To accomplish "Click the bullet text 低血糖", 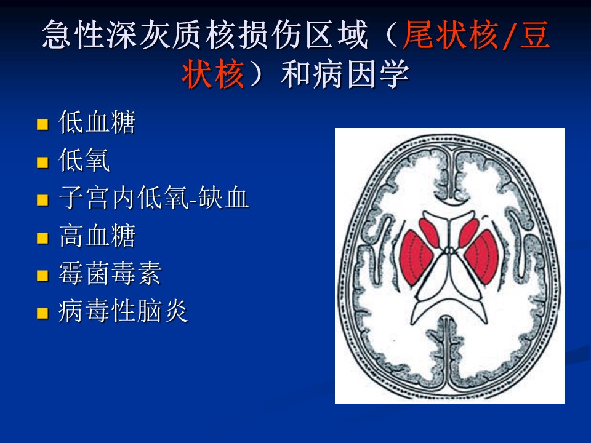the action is [x=97, y=122].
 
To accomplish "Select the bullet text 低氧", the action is [x=84, y=160].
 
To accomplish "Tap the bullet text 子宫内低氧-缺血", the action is [x=154, y=198].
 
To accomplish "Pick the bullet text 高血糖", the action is [x=97, y=236].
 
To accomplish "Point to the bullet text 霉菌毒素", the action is [x=110, y=273].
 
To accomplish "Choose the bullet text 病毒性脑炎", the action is [x=123, y=311].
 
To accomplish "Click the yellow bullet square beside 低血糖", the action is [x=42, y=124].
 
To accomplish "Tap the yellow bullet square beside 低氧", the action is [x=42, y=162].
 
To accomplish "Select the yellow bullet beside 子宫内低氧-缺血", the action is [x=42, y=200].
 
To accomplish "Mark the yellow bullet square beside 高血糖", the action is [x=42, y=238].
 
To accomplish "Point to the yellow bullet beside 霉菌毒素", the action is [x=42, y=276].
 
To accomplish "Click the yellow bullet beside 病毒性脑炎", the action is [x=42, y=313].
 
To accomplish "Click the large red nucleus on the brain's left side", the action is [x=416, y=258].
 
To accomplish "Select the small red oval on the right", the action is [x=468, y=233].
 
